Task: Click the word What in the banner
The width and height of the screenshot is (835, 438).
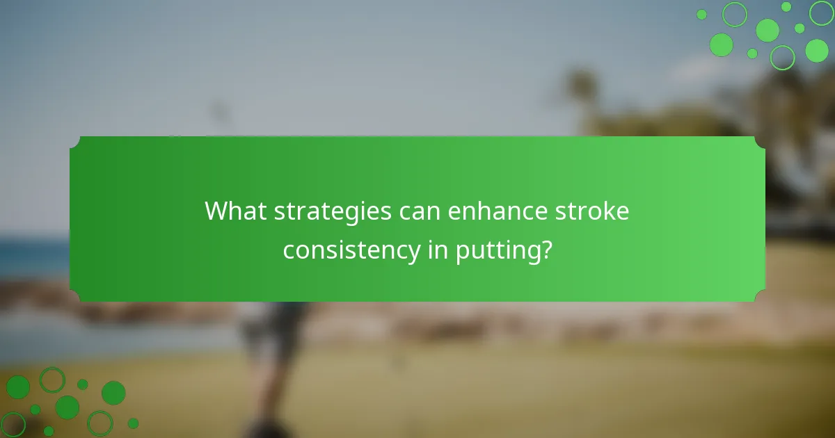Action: (234, 211)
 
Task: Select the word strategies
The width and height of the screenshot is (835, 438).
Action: (333, 211)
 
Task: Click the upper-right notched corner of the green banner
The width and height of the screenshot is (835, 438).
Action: (760, 142)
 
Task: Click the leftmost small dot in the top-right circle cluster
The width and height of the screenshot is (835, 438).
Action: (701, 14)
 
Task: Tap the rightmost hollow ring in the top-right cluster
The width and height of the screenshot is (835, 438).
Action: (822, 12)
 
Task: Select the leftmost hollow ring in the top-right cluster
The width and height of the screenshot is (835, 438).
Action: (734, 14)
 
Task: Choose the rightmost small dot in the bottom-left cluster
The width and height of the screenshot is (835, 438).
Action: (133, 423)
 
